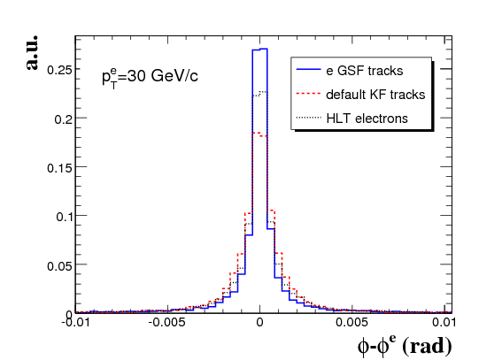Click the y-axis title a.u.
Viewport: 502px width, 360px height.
click(x=32, y=52)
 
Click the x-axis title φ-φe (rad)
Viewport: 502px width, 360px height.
click(x=405, y=346)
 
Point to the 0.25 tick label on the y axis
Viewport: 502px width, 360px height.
click(x=59, y=70)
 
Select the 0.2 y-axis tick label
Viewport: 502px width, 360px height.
click(x=63, y=119)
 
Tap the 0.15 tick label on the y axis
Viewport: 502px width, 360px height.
click(x=59, y=168)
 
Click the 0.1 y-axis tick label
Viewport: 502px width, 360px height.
click(x=64, y=217)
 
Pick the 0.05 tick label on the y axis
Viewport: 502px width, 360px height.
click(x=59, y=265)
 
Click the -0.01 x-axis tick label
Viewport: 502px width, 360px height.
click(x=75, y=322)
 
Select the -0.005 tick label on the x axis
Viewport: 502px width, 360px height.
click(x=166, y=322)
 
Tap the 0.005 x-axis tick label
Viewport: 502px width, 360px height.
click(x=351, y=322)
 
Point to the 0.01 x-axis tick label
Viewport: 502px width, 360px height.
click(x=444, y=322)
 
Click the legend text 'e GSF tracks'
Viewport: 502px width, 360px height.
click(x=365, y=71)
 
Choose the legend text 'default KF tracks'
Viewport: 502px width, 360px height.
click(x=375, y=95)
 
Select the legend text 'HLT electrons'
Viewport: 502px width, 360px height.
click(x=367, y=119)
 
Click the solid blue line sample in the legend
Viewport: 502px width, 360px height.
click(x=309, y=69)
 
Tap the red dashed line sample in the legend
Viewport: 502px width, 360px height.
click(x=309, y=94)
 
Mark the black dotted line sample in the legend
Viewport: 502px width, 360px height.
click(x=309, y=118)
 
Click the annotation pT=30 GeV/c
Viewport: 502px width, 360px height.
click(x=150, y=77)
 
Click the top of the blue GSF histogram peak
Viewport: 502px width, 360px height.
click(x=259, y=50)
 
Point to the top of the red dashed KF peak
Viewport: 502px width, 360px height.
click(x=259, y=134)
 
